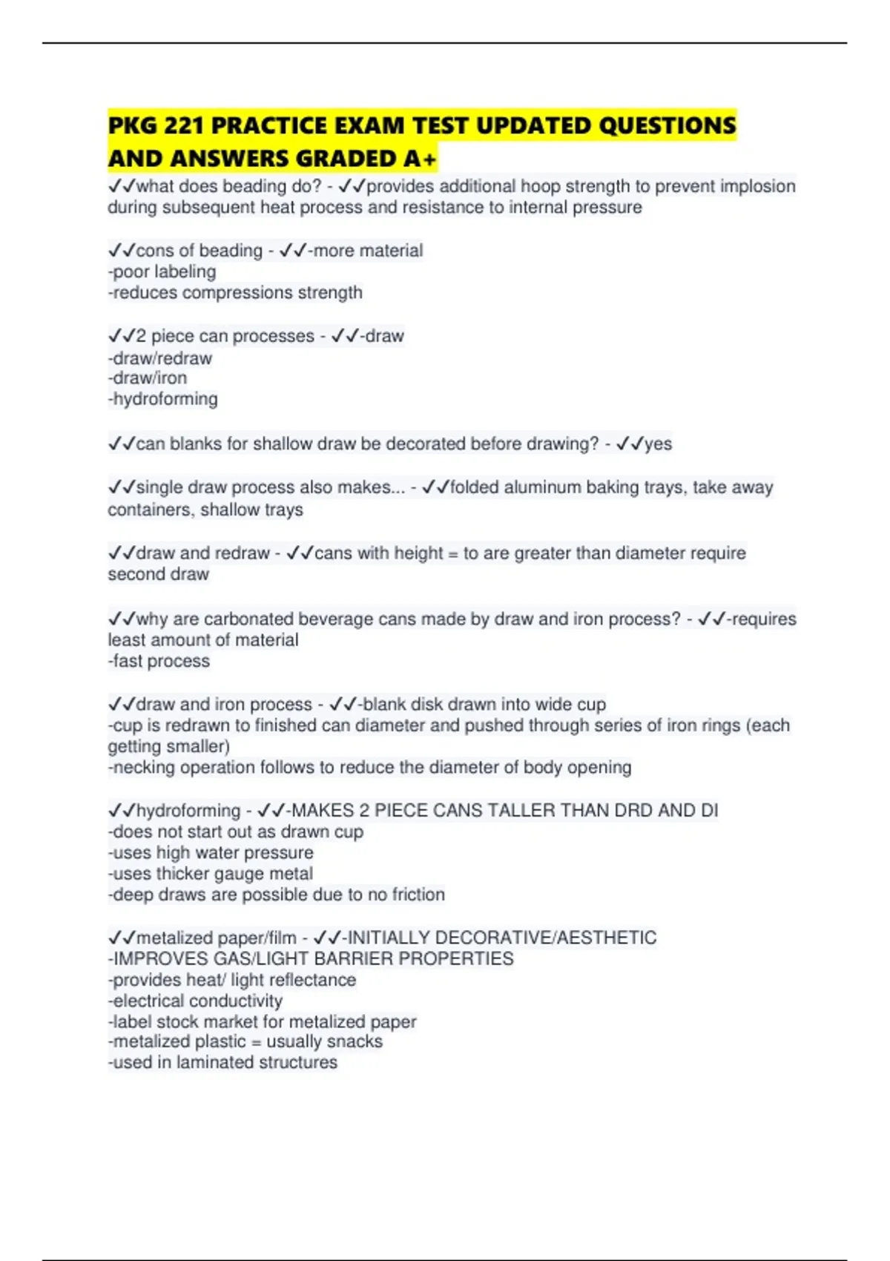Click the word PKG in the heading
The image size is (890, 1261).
(x=133, y=125)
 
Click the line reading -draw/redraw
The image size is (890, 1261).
(x=160, y=358)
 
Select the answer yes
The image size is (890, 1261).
(x=658, y=444)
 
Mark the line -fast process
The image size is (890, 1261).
(x=159, y=661)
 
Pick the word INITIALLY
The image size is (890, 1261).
(x=389, y=938)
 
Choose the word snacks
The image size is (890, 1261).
(x=358, y=1041)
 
